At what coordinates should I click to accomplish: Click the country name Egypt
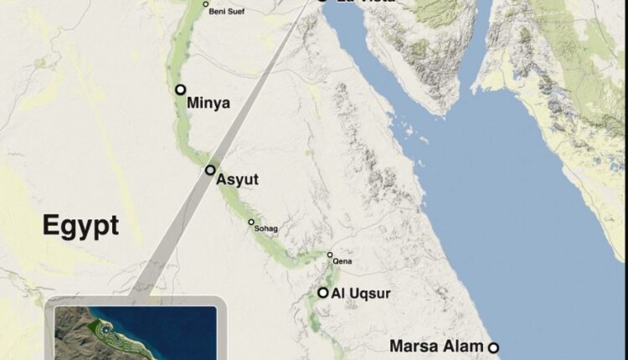tap(80, 226)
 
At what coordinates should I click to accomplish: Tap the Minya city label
tap(208, 104)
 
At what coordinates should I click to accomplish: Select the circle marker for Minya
tap(180, 90)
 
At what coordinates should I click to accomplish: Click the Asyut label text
tap(238, 180)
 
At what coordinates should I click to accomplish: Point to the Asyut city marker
tap(210, 170)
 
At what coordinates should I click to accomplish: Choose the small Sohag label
tap(265, 229)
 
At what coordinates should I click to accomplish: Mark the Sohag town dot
tap(250, 222)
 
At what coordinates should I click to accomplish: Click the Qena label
tap(342, 262)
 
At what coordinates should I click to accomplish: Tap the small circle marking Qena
tap(330, 255)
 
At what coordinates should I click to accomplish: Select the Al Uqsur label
tap(361, 293)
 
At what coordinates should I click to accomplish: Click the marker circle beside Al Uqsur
tap(322, 292)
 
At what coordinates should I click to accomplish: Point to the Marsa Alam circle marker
tap(494, 347)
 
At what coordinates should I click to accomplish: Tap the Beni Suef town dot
tap(206, 5)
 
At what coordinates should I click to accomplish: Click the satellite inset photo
tap(134, 333)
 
